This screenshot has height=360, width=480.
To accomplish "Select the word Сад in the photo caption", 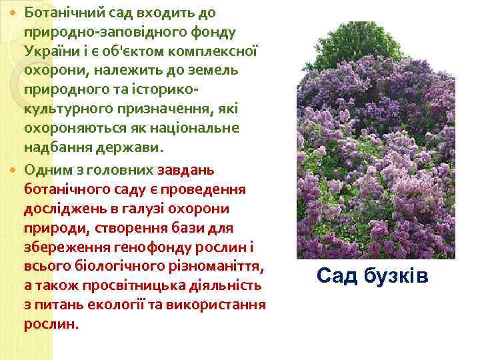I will click(x=337, y=274).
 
